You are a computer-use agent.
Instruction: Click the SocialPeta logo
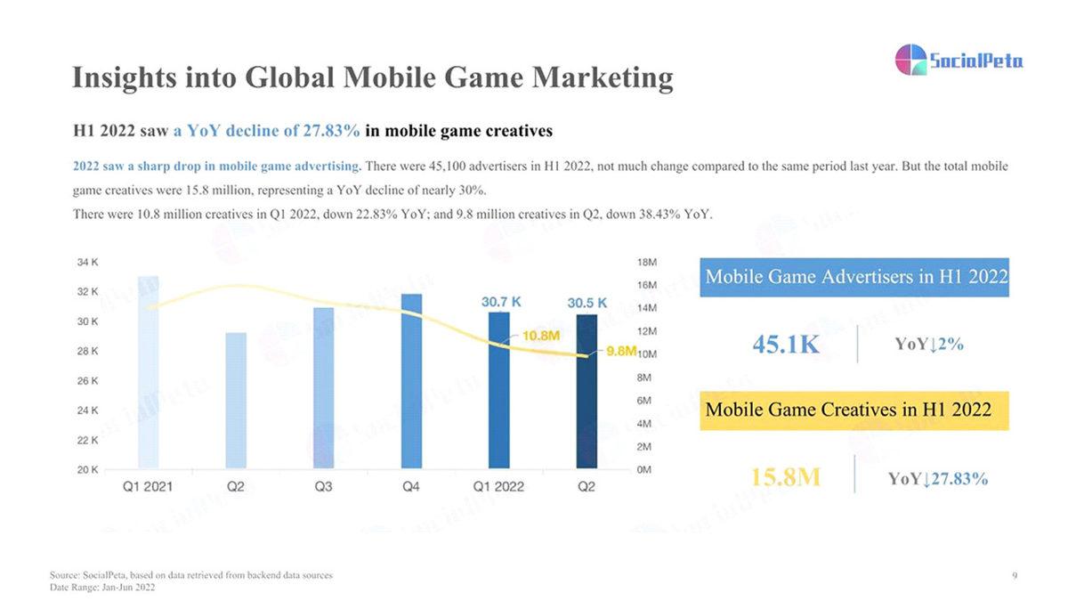(x=958, y=61)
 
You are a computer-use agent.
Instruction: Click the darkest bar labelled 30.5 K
(x=587, y=391)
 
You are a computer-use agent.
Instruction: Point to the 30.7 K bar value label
(x=501, y=303)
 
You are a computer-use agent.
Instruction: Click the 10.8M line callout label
(x=540, y=336)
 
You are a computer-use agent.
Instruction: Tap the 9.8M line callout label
(x=621, y=351)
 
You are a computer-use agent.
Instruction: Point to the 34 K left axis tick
(x=87, y=263)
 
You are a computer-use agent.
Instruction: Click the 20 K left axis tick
(x=87, y=469)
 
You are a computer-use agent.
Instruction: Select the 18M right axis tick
(x=647, y=263)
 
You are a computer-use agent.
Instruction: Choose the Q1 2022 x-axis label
(x=498, y=487)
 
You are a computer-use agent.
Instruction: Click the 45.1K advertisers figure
(x=786, y=345)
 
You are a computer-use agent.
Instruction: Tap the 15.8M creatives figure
(x=785, y=476)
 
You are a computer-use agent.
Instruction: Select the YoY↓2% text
(x=928, y=345)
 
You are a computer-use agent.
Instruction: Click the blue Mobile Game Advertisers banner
(x=854, y=278)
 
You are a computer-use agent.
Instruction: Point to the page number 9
(x=1015, y=576)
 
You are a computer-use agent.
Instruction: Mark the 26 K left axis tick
(x=87, y=381)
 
